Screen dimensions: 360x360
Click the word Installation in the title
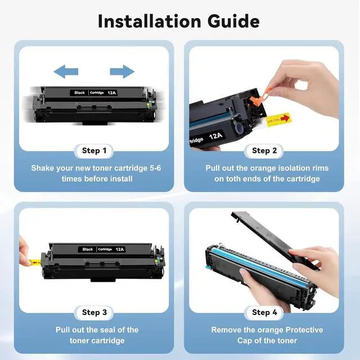tap(150, 21)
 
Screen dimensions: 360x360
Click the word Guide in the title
tap(233, 21)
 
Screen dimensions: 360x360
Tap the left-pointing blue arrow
tap(66, 71)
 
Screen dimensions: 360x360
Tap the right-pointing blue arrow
tap(122, 71)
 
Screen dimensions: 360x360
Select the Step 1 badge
tap(94, 151)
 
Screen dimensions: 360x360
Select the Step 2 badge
tap(264, 151)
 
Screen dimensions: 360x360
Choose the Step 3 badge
tap(94, 313)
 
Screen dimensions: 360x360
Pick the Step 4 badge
tap(264, 313)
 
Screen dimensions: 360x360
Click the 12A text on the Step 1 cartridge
tap(112, 93)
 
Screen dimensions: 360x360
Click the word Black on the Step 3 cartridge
tap(88, 249)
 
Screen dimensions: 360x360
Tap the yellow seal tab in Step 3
tap(35, 262)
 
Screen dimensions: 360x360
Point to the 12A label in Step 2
tap(216, 136)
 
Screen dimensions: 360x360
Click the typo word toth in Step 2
tap(234, 179)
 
